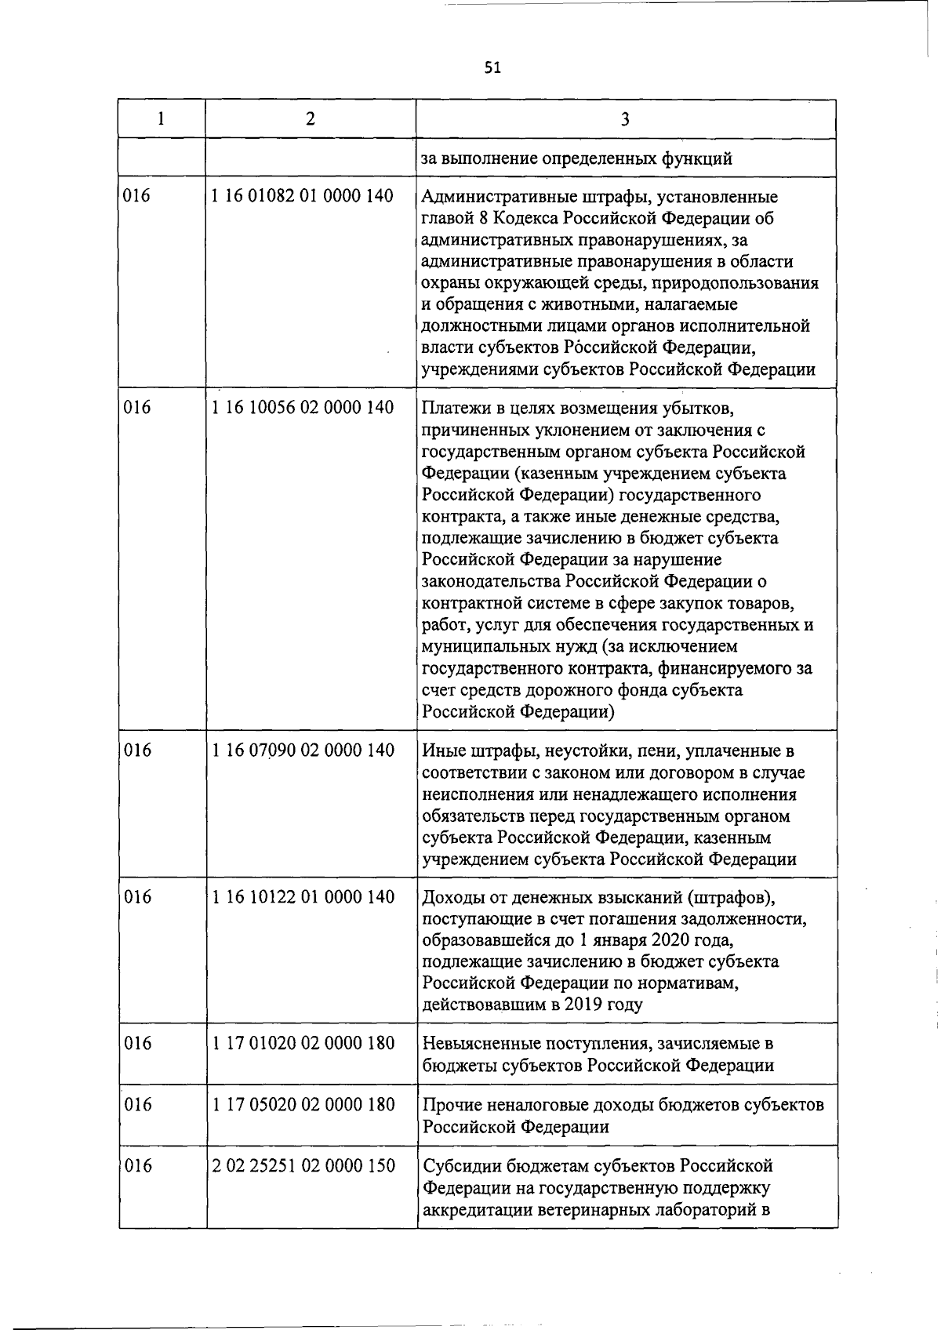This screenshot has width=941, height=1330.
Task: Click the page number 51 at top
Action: coord(492,67)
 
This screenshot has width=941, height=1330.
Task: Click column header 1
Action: coord(161,118)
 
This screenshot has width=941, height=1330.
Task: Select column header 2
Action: coord(311,118)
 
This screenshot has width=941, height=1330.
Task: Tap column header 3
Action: coord(624,118)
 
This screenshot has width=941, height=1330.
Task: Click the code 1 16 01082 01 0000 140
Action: coord(303,196)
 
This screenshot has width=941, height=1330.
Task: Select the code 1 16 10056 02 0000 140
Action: coord(303,408)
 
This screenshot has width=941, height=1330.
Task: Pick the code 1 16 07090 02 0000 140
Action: coord(303,750)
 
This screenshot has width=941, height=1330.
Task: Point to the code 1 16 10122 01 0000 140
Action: coord(303,897)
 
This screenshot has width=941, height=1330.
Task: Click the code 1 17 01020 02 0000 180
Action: coord(303,1044)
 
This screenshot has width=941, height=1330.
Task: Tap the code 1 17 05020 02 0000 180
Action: coord(303,1105)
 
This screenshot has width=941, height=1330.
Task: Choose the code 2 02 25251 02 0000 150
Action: coord(303,1166)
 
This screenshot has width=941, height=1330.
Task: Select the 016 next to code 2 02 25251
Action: coord(137,1166)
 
